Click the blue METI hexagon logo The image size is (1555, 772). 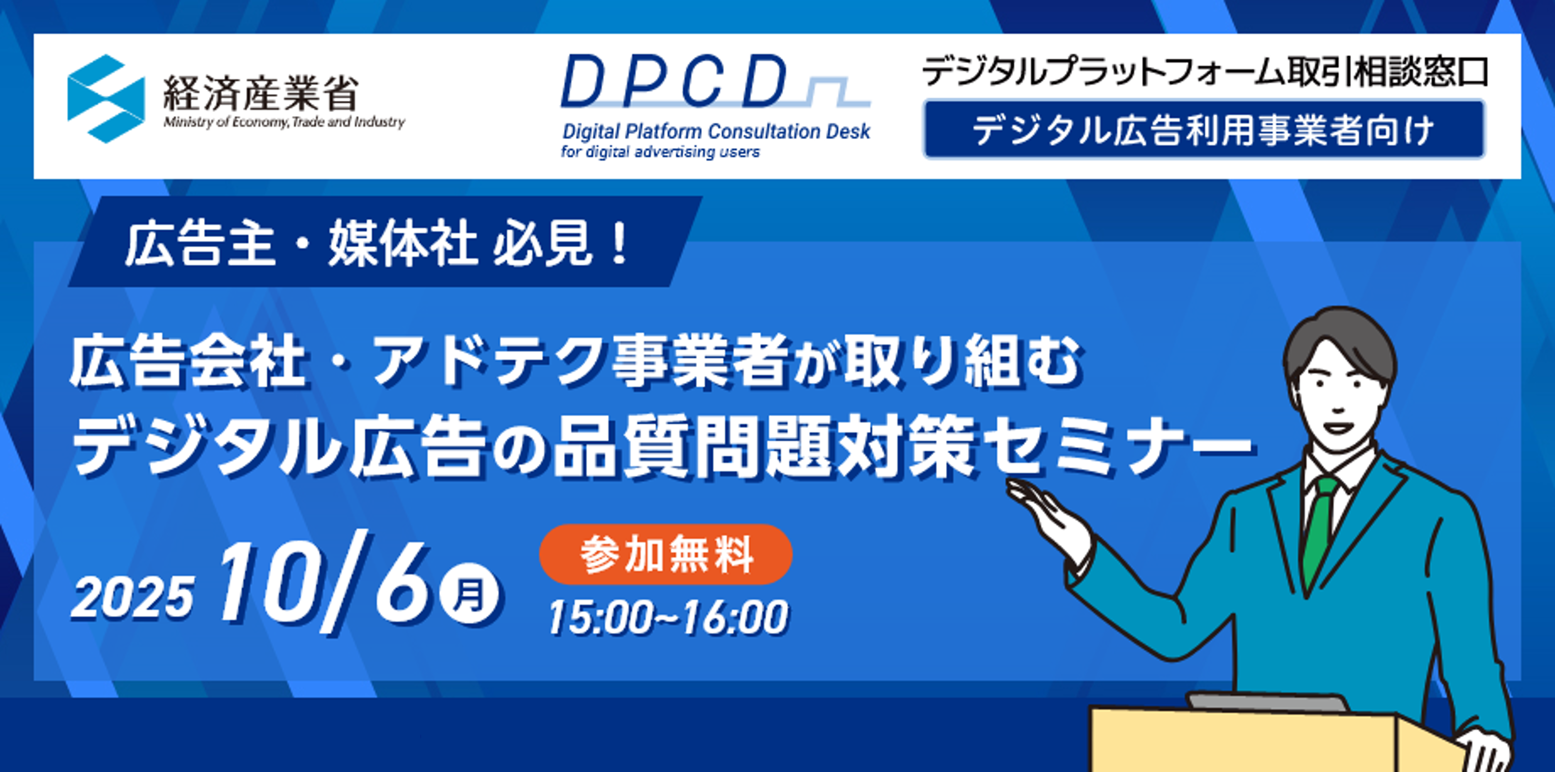point(106,98)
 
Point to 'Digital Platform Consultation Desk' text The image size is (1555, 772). point(716,131)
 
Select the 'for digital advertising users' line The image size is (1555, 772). point(660,152)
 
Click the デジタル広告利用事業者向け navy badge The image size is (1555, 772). point(1203,130)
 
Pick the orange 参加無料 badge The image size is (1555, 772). point(665,554)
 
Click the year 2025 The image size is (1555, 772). point(133,597)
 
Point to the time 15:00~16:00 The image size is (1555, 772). point(668,618)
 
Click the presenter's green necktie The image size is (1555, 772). point(1319,531)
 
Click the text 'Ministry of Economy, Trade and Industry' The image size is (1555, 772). point(284,122)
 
